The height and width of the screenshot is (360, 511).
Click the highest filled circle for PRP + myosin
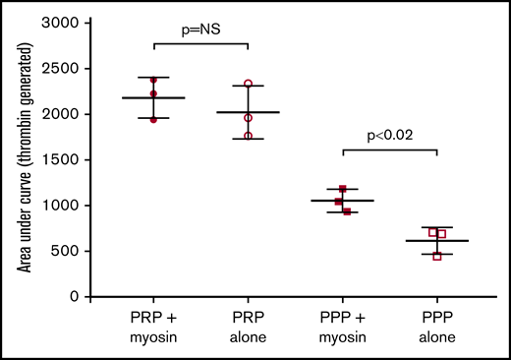coord(153,81)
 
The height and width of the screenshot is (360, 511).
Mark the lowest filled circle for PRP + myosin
coord(153,119)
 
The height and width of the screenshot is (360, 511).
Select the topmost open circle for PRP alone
coord(248,85)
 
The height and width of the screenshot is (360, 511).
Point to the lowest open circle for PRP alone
coord(248,136)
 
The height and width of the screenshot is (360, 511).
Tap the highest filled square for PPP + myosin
coord(343,189)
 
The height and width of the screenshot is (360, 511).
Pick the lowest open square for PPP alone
coord(437,256)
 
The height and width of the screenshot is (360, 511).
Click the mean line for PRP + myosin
coord(153,98)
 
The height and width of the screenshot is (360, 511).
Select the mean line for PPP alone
coord(436,241)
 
